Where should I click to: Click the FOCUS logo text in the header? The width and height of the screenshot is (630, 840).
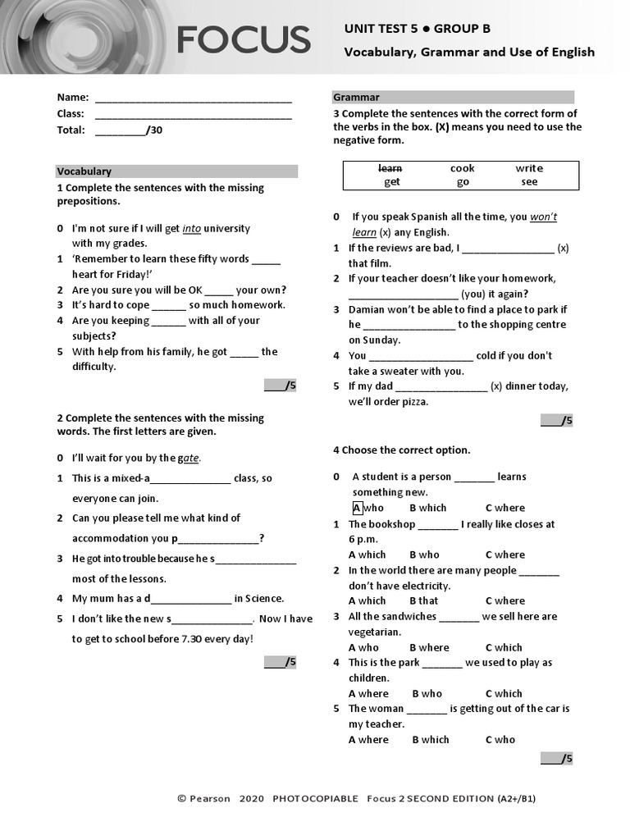(243, 39)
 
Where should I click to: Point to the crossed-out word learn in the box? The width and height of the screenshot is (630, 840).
(390, 168)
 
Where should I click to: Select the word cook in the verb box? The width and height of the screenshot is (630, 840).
(463, 168)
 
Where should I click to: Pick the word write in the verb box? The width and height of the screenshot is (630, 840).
(529, 168)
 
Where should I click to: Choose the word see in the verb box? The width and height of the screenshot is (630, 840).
(529, 182)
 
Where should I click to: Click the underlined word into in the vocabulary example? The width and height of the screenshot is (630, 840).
(191, 229)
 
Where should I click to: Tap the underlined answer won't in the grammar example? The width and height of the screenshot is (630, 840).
(543, 217)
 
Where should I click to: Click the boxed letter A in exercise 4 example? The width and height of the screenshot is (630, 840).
(357, 508)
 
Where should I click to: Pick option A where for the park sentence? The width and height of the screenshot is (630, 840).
(368, 693)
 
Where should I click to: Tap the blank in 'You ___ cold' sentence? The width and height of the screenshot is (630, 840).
(421, 357)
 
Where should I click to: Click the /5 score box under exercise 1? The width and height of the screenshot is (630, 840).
(280, 386)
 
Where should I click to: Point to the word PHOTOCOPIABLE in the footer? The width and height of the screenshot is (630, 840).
(315, 798)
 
